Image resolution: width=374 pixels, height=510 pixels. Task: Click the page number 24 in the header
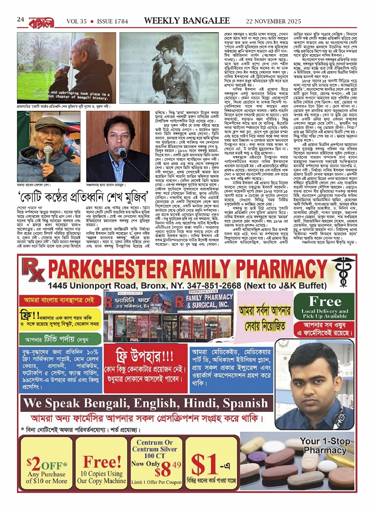pos(21,20)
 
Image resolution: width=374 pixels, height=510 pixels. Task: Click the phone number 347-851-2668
pos(213,286)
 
